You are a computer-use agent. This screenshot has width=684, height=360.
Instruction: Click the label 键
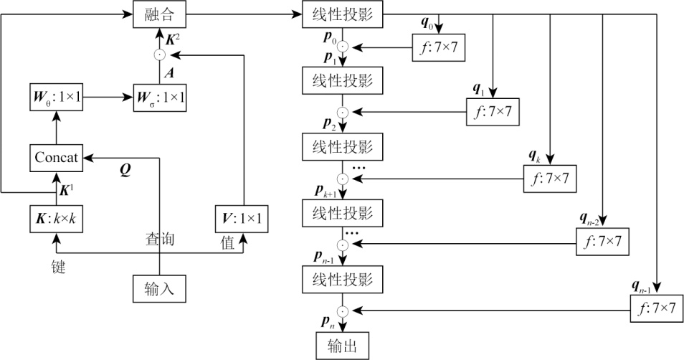57,268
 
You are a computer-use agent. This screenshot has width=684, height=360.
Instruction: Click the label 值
227,244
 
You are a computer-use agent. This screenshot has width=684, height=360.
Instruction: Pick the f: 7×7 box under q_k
551,176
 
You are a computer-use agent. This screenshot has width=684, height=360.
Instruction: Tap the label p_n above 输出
327,323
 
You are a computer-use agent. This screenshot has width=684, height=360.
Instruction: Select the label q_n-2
592,217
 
